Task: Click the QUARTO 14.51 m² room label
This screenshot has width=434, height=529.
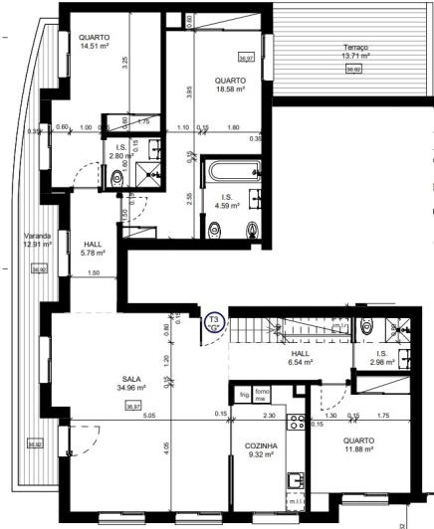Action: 96,41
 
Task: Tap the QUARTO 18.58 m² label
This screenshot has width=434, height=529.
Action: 231,85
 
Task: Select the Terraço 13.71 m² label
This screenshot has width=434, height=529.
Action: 356,52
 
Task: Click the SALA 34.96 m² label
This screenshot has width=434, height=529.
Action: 130,383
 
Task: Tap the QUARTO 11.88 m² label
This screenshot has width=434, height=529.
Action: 358,445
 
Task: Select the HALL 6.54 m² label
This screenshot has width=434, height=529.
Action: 302,359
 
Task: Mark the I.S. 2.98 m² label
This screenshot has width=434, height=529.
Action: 381,357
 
